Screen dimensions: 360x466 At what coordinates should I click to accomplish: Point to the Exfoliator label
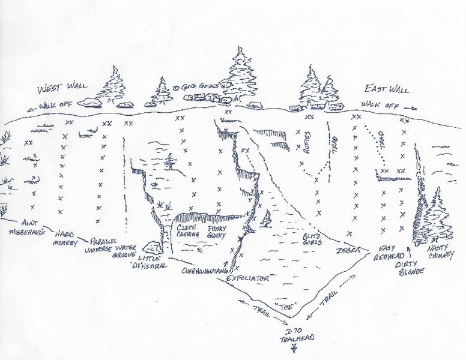pyautogui.click(x=249, y=278)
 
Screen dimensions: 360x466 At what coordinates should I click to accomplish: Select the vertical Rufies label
pyautogui.click(x=306, y=144)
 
